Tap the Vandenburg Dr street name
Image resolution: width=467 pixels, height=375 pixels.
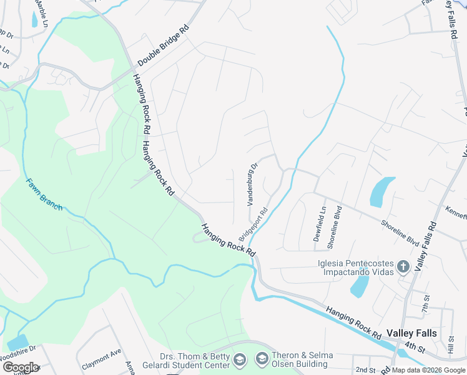click(x=252, y=185)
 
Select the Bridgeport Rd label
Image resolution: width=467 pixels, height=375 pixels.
click(x=253, y=224)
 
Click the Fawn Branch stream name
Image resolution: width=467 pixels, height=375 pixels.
click(x=44, y=194)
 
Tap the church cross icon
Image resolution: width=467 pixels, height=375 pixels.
click(x=403, y=267)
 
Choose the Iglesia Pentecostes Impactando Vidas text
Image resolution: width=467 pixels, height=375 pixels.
click(x=356, y=267)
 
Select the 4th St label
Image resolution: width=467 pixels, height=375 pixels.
click(x=414, y=344)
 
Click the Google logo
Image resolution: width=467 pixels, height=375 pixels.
click(x=21, y=367)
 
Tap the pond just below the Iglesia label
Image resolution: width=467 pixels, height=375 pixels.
click(x=360, y=285)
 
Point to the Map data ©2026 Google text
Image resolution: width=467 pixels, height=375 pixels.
click(x=429, y=371)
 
